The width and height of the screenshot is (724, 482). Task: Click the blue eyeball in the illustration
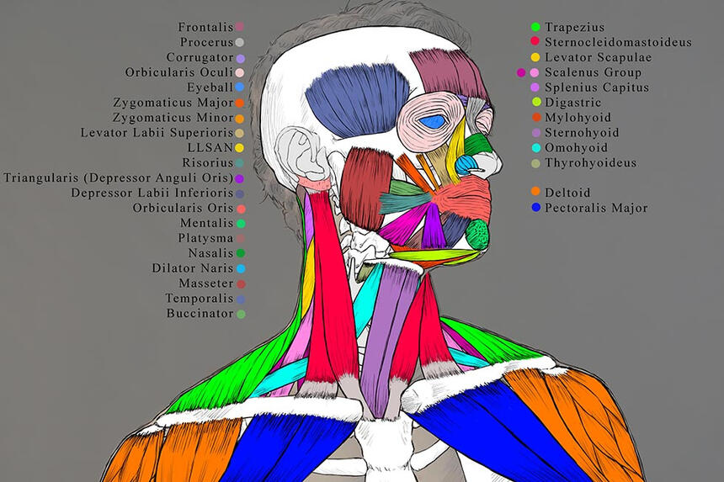tap(434, 122)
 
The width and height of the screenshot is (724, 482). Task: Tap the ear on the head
tap(299, 155)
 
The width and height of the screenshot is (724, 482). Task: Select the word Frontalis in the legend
tap(205, 27)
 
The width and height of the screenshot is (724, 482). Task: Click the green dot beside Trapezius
tap(535, 27)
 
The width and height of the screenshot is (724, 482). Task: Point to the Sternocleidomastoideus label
tap(618, 42)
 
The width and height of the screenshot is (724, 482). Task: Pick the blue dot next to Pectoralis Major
tap(535, 208)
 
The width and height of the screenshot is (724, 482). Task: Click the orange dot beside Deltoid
tap(535, 192)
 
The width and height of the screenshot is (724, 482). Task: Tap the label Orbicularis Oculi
tap(179, 72)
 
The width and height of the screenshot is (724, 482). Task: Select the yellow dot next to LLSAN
tap(239, 148)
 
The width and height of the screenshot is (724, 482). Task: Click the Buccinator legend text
tap(200, 314)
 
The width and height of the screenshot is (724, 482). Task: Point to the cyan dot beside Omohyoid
tap(535, 147)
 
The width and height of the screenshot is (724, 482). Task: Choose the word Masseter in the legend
tap(206, 283)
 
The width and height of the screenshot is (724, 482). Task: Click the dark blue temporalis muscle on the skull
tap(358, 98)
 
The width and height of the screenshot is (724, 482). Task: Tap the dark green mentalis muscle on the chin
tap(477, 234)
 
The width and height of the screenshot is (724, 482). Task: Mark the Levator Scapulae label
tap(598, 57)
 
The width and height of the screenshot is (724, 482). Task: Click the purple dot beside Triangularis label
tap(239, 178)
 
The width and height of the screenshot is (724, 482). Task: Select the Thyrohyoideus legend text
tap(590, 163)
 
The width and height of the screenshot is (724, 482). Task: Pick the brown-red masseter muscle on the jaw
tap(366, 188)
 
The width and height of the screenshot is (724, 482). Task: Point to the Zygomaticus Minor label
tap(173, 118)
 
